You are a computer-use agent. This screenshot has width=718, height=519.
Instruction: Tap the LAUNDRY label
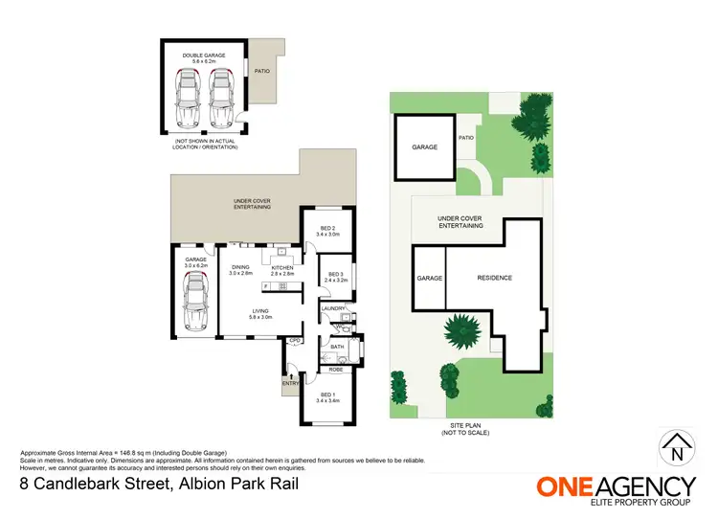(332, 308)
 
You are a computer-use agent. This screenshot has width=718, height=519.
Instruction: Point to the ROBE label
(336, 369)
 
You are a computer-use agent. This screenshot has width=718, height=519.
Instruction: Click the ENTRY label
(288, 384)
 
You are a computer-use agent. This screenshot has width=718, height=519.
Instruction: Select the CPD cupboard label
(295, 340)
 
